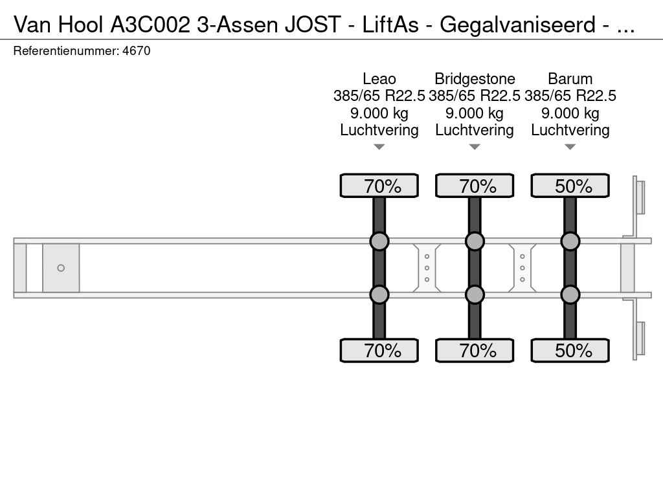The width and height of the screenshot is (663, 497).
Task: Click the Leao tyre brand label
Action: pyautogui.click(x=379, y=79)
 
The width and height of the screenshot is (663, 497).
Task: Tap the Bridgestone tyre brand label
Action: pyautogui.click(x=475, y=79)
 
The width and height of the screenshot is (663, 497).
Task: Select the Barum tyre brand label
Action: pyautogui.click(x=570, y=79)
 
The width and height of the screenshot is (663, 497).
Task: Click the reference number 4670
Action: pyautogui.click(x=136, y=50)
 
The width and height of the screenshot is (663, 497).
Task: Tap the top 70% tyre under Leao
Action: pyautogui.click(x=379, y=186)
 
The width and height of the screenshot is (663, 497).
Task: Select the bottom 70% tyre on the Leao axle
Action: pyautogui.click(x=379, y=351)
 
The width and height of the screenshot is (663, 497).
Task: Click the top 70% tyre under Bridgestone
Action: pyautogui.click(x=475, y=186)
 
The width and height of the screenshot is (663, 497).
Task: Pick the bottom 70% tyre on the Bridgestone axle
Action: pyautogui.click(x=475, y=351)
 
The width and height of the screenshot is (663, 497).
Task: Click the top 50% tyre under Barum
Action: pyautogui.click(x=570, y=186)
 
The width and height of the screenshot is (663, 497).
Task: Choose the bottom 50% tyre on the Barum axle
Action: pyautogui.click(x=570, y=351)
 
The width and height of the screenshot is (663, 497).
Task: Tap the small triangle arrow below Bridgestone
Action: pyautogui.click(x=475, y=147)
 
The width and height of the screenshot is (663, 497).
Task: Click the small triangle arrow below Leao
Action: pyautogui.click(x=379, y=147)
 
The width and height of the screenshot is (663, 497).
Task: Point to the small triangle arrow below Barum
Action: pyautogui.click(x=570, y=147)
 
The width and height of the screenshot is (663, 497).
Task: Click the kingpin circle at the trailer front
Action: pyautogui.click(x=61, y=268)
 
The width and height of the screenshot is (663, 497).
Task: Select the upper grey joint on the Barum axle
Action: pyautogui.click(x=570, y=241)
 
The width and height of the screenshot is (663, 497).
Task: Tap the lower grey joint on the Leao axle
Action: pyautogui.click(x=379, y=294)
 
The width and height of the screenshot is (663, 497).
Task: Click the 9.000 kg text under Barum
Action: pyautogui.click(x=570, y=113)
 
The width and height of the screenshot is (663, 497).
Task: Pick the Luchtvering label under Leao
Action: pyautogui.click(x=379, y=130)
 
